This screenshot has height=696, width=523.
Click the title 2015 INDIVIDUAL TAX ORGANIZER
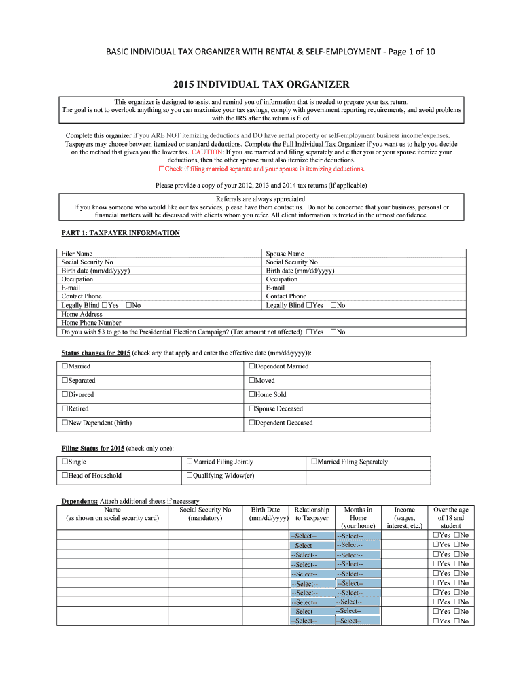coord(261,85)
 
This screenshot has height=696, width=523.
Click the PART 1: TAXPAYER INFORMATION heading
coord(120,233)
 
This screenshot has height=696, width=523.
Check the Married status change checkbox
coord(65,366)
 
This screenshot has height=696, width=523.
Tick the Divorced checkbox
coord(65,395)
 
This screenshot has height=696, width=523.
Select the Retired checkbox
coord(65,409)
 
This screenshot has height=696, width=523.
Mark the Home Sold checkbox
coord(252,395)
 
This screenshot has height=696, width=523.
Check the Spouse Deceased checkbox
coord(252,409)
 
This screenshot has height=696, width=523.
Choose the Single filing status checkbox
coord(65,462)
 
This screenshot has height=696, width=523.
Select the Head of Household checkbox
coord(65,476)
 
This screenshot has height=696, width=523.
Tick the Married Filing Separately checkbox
coord(314,462)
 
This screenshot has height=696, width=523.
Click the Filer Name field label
coord(77,254)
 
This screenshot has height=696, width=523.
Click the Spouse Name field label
coord(285,254)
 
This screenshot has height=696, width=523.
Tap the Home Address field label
coord(82,314)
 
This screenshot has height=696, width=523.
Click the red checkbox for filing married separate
coord(161,169)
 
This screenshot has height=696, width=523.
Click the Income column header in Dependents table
coord(404,510)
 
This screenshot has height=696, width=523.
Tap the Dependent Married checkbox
coord(252,366)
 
